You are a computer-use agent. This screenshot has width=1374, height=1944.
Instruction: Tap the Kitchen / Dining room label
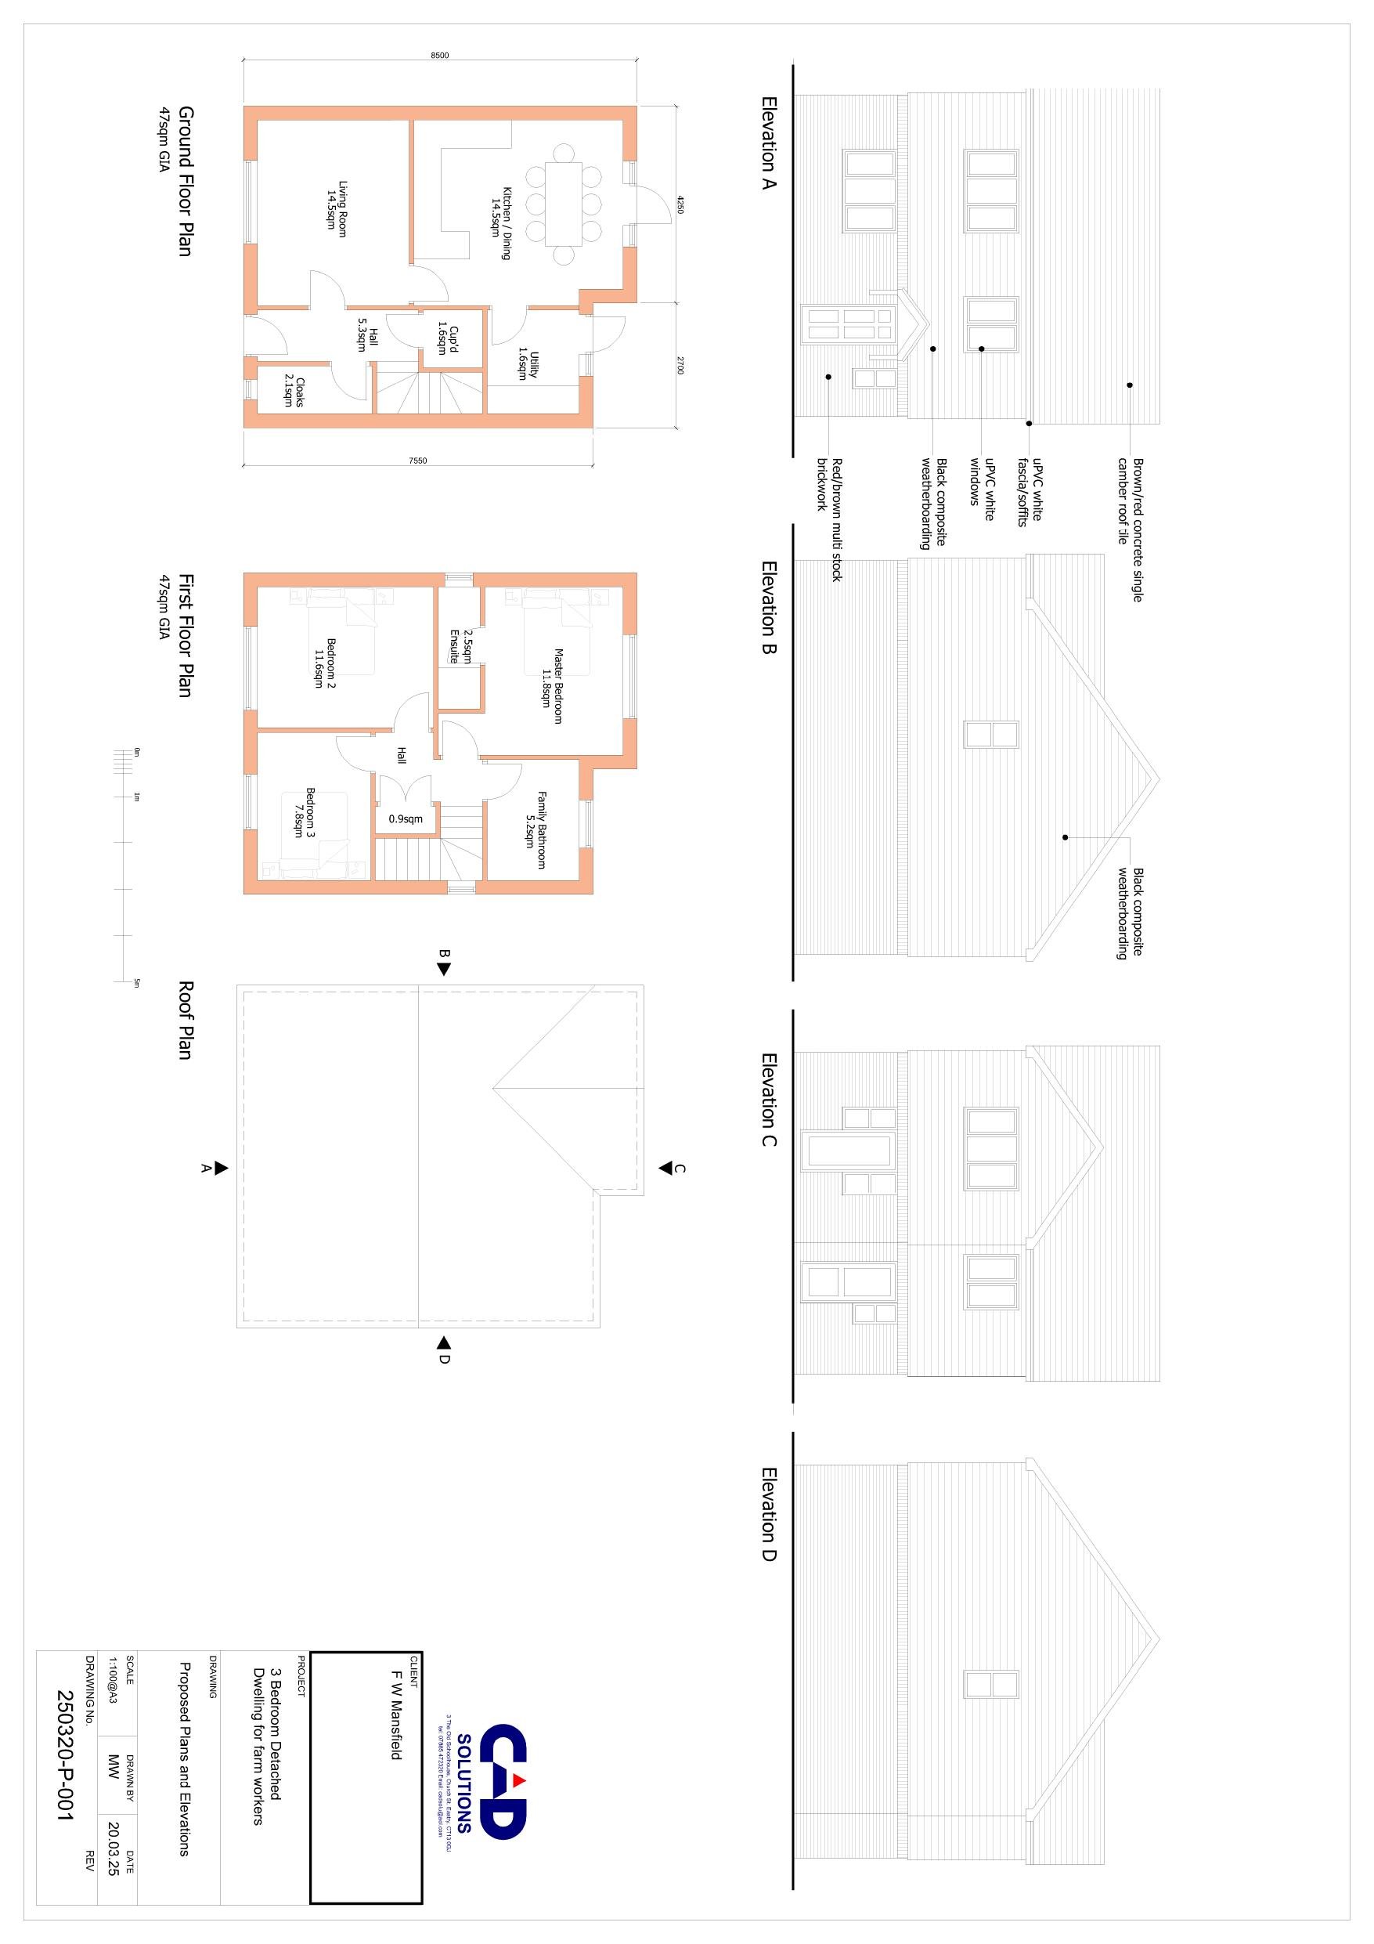pyautogui.click(x=501, y=222)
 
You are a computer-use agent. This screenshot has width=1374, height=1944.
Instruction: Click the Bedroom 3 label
pyautogui.click(x=304, y=813)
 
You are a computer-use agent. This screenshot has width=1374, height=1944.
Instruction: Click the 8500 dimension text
pyautogui.click(x=439, y=55)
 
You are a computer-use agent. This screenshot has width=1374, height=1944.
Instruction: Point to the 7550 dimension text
pyautogui.click(x=417, y=461)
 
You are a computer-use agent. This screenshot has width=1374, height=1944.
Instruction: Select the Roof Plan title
pyautogui.click(x=186, y=1020)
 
